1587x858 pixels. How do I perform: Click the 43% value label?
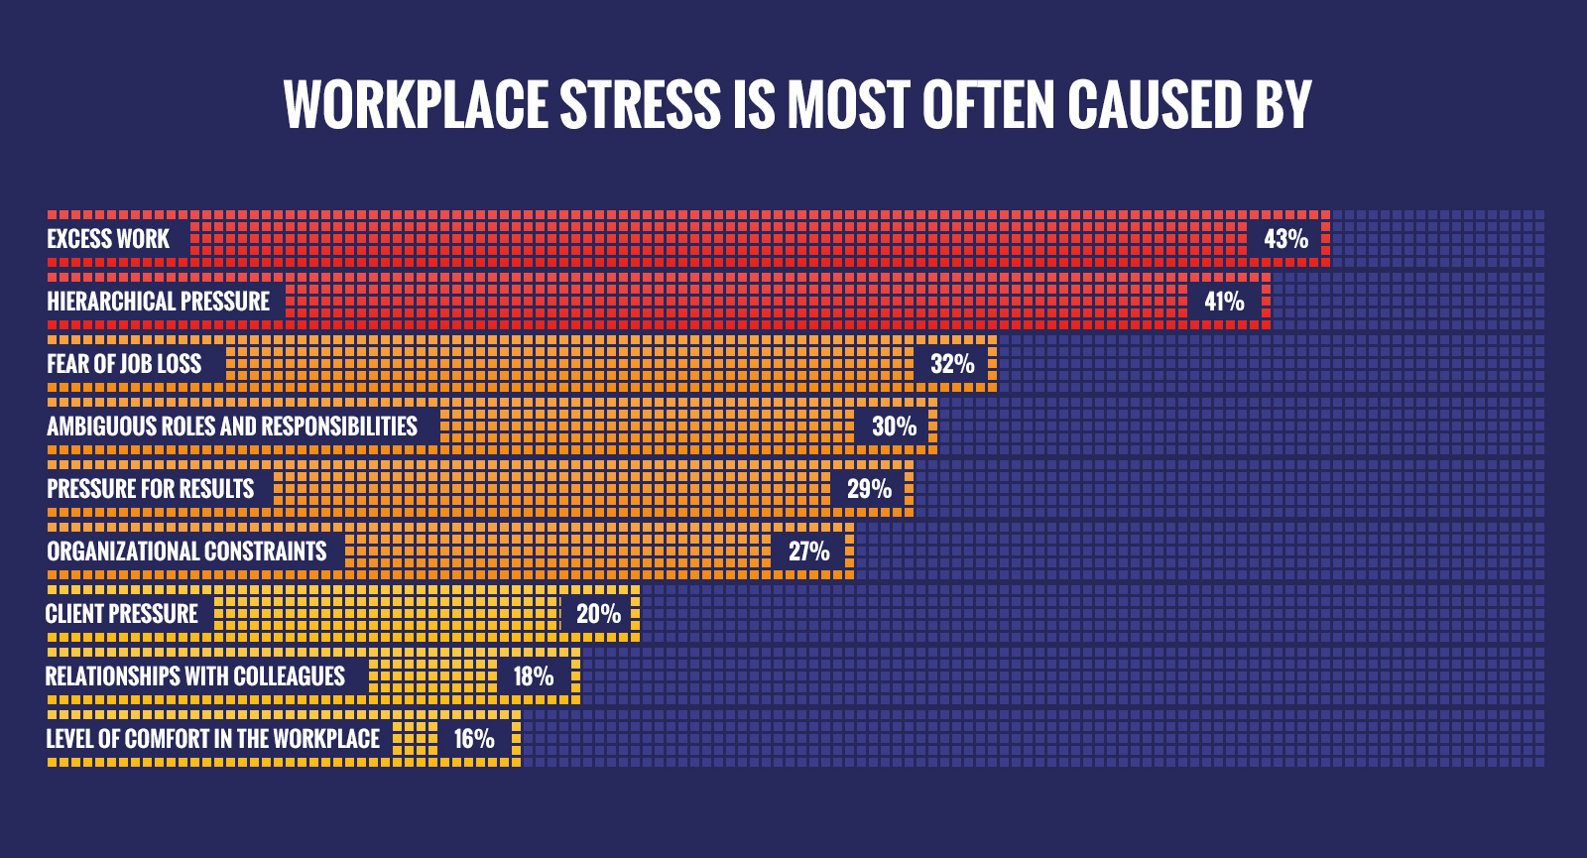(1285, 239)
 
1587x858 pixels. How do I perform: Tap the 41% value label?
(1224, 302)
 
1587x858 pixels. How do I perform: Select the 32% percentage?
(952, 364)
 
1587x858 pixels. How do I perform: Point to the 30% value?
(894, 427)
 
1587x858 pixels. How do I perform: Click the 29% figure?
(869, 489)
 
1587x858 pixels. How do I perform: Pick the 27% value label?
(808, 552)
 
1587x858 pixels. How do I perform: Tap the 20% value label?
(598, 614)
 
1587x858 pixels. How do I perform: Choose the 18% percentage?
(533, 676)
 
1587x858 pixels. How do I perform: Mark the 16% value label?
(474, 739)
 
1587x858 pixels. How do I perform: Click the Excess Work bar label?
(108, 239)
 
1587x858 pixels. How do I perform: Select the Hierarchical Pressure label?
(159, 302)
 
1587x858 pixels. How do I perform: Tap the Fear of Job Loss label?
(124, 364)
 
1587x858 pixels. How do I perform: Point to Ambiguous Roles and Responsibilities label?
(232, 427)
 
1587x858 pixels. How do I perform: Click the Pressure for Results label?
(151, 489)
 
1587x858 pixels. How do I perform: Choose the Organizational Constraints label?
(186, 552)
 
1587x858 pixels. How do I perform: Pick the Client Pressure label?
(122, 614)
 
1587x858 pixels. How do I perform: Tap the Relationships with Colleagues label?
(195, 676)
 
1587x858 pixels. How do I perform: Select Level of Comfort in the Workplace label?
(213, 739)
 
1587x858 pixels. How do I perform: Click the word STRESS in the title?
(641, 105)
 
